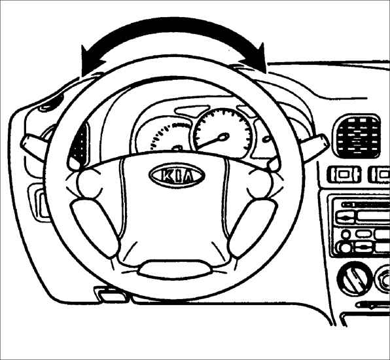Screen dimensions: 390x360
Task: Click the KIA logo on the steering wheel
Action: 177,175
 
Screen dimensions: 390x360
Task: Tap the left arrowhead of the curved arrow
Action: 91,60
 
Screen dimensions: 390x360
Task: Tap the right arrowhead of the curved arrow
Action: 257,58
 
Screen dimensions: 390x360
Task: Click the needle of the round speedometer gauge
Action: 213,141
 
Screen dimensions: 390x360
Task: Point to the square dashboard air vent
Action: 357,136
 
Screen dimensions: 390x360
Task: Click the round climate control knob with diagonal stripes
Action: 355,279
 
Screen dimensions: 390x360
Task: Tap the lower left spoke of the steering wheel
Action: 95,228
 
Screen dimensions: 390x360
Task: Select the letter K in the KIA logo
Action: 164,175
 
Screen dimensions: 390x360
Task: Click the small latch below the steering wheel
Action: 109,294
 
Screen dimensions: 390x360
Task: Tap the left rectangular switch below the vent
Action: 344,174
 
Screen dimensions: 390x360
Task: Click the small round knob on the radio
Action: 346,234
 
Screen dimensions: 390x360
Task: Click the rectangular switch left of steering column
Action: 39,202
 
